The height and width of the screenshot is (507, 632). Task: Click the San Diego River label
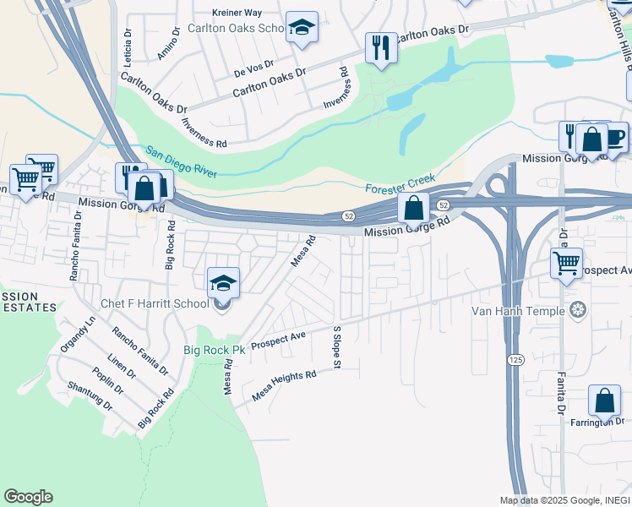181,162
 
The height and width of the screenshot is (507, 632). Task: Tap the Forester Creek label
400,184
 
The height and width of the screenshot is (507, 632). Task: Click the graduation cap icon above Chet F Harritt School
224,281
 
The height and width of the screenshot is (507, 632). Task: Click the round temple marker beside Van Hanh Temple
578,310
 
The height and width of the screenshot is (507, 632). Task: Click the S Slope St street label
336,347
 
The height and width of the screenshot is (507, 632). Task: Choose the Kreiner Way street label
237,13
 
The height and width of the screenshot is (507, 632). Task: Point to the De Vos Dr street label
253,63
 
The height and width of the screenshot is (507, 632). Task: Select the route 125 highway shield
515,360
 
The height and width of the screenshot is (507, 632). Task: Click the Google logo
28,497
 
